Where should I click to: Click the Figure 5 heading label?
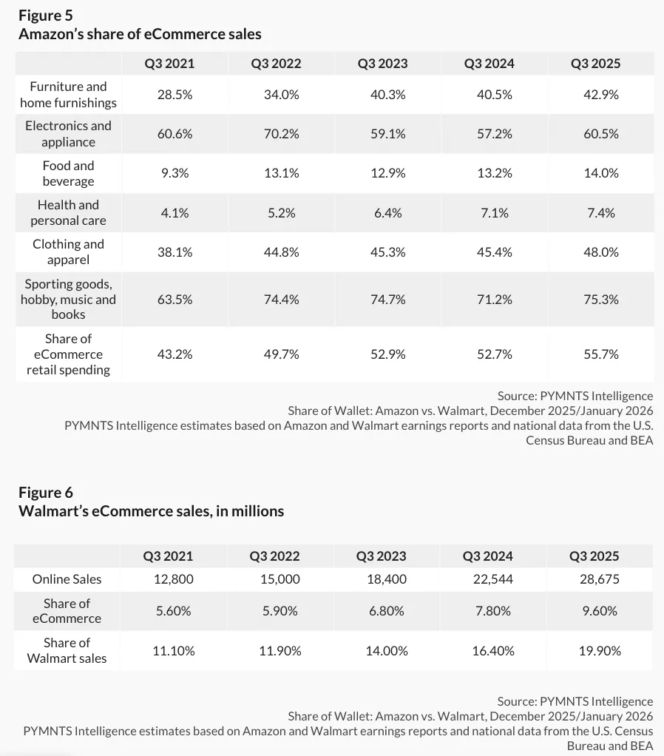(x=46, y=15)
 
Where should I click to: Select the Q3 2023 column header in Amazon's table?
(x=382, y=63)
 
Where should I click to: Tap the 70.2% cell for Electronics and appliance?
(x=276, y=134)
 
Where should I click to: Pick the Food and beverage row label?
(x=68, y=173)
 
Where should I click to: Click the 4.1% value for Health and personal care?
(x=175, y=213)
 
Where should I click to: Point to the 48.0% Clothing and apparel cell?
(x=600, y=252)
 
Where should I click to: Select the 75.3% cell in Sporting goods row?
(x=600, y=300)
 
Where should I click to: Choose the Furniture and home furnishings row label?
(x=68, y=95)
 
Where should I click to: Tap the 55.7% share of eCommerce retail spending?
(x=600, y=354)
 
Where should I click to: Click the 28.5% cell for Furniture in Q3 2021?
(x=175, y=95)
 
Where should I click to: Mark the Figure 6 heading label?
(x=46, y=493)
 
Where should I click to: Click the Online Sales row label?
(x=67, y=579)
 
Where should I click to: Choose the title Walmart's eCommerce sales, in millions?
(x=151, y=511)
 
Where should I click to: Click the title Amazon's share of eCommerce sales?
(x=140, y=34)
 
